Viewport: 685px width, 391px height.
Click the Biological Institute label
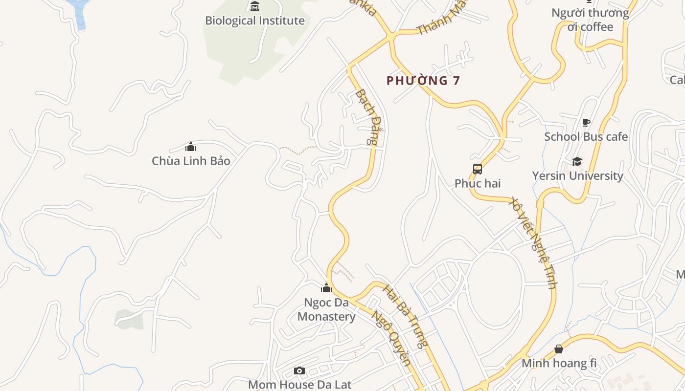tap(254, 21)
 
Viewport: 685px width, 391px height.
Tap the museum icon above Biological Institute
tap(254, 6)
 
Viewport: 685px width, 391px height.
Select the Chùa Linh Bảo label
tap(191, 161)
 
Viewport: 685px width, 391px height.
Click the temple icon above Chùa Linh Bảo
tap(191, 147)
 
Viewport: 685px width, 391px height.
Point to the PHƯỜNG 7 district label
tap(423, 81)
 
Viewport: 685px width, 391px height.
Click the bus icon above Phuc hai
tap(478, 169)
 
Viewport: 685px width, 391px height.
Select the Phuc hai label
tap(478, 183)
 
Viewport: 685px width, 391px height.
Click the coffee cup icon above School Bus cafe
tap(586, 122)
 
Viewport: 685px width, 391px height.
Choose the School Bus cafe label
tap(586, 137)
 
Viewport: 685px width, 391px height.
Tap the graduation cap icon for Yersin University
tap(577, 161)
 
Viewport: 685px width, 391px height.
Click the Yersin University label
tap(577, 175)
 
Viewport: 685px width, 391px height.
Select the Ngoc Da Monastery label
tap(326, 309)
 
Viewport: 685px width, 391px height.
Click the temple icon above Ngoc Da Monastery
tap(326, 288)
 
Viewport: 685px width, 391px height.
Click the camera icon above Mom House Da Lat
tap(299, 371)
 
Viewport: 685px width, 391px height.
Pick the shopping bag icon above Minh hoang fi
tap(558, 349)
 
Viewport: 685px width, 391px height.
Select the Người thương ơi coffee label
tap(590, 20)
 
